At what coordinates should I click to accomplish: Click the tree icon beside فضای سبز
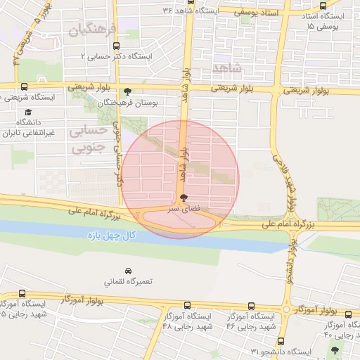pyautogui.click(x=204, y=198)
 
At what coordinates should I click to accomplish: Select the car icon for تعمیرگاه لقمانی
pyautogui.click(x=128, y=271)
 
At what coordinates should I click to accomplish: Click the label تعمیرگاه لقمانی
pyautogui.click(x=127, y=282)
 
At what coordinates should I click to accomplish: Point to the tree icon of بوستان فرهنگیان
pyautogui.click(x=127, y=91)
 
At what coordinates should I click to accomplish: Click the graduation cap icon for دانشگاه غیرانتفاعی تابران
pyautogui.click(x=28, y=112)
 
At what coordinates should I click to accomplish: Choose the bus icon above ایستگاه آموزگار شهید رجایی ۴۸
pyautogui.click(x=187, y=306)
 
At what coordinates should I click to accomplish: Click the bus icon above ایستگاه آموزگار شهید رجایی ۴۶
pyautogui.click(x=252, y=306)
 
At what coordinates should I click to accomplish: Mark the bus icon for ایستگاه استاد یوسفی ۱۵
pyautogui.click(x=322, y=6)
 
